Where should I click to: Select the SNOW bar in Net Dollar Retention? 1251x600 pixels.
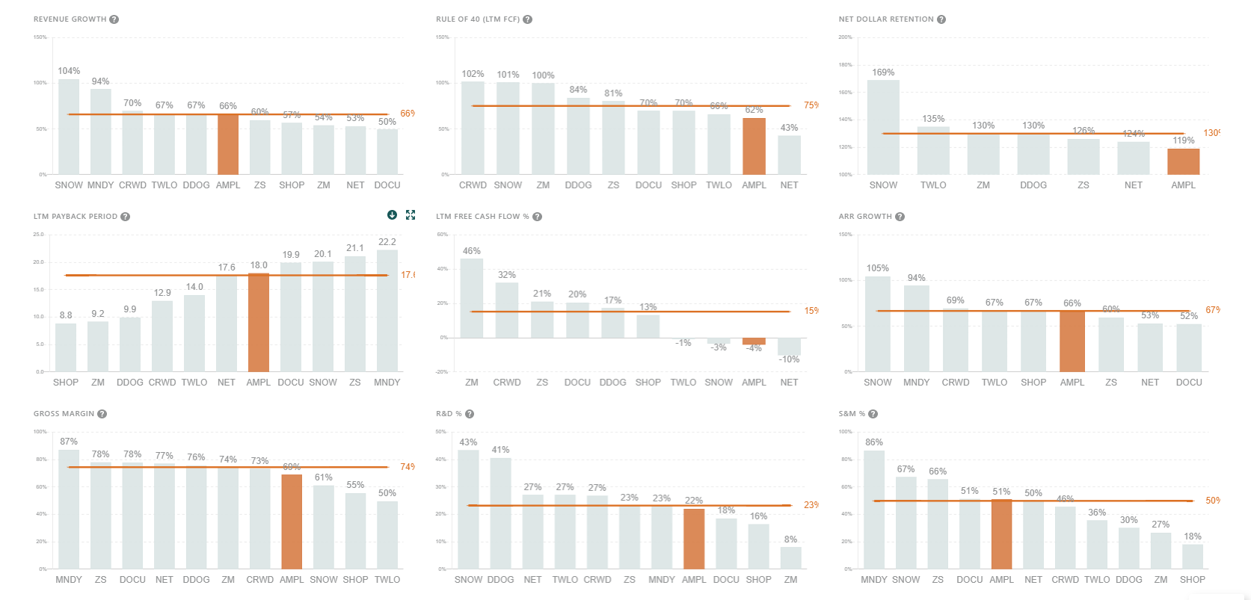point(883,127)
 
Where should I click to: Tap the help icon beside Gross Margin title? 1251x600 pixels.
point(102,414)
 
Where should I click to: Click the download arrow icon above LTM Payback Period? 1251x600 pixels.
point(392,215)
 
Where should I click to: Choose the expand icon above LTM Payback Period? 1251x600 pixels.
point(411,215)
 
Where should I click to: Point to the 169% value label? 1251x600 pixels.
point(883,72)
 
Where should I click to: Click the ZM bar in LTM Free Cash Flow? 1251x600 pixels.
point(472,298)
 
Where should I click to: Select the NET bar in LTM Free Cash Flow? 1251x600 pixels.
point(789,346)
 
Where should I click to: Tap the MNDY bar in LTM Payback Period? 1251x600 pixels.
point(387,310)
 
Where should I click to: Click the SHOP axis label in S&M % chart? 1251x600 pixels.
point(1192,580)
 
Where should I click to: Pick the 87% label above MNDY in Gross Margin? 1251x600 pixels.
point(69,442)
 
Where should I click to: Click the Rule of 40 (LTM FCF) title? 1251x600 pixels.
point(478,19)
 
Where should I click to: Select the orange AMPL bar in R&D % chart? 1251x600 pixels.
point(694,539)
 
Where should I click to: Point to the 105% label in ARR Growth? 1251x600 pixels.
point(878,268)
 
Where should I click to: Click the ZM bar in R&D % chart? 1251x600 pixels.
point(790,557)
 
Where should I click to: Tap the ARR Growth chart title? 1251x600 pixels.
point(865,217)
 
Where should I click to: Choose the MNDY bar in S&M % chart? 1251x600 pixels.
point(873,510)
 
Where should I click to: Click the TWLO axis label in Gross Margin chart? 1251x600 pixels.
point(387,580)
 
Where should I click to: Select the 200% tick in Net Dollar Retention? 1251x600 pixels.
point(845,37)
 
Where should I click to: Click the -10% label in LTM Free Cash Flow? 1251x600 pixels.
point(789,359)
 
